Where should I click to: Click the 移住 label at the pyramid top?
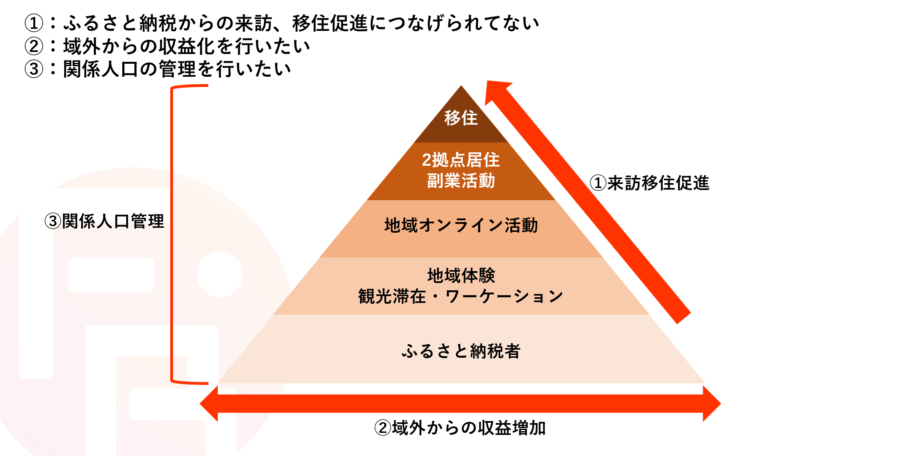point(461,118)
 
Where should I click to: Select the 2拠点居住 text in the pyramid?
point(461,160)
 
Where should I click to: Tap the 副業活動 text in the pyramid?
point(461,181)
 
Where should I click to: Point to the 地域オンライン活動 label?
point(461,225)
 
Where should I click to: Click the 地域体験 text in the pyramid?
point(461,276)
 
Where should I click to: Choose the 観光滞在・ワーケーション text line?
point(461,296)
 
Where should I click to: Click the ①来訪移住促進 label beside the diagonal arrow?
point(649,183)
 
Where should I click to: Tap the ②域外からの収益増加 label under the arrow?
point(460,428)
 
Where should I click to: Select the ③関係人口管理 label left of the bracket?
point(104,222)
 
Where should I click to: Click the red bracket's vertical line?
point(172,233)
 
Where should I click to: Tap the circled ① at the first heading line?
point(34,23)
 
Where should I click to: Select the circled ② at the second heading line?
point(34,46)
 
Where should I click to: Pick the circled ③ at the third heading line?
point(34,69)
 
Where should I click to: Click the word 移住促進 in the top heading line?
point(330,23)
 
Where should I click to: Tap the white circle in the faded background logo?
point(220,274)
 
